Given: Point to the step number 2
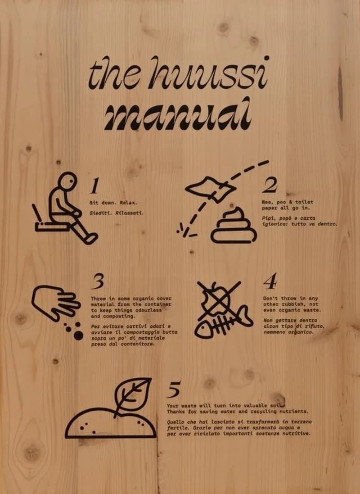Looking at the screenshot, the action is (x=270, y=185).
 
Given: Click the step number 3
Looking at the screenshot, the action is (x=98, y=281).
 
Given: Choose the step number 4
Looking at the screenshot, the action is (x=270, y=281).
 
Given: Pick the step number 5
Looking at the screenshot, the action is (x=174, y=390).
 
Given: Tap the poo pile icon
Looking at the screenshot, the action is (x=234, y=226).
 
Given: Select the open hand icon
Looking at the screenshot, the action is (x=55, y=302).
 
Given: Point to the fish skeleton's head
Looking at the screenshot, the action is (x=204, y=330).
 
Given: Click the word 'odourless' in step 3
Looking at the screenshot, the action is (x=148, y=310).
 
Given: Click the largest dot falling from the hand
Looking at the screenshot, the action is (x=78, y=336).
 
